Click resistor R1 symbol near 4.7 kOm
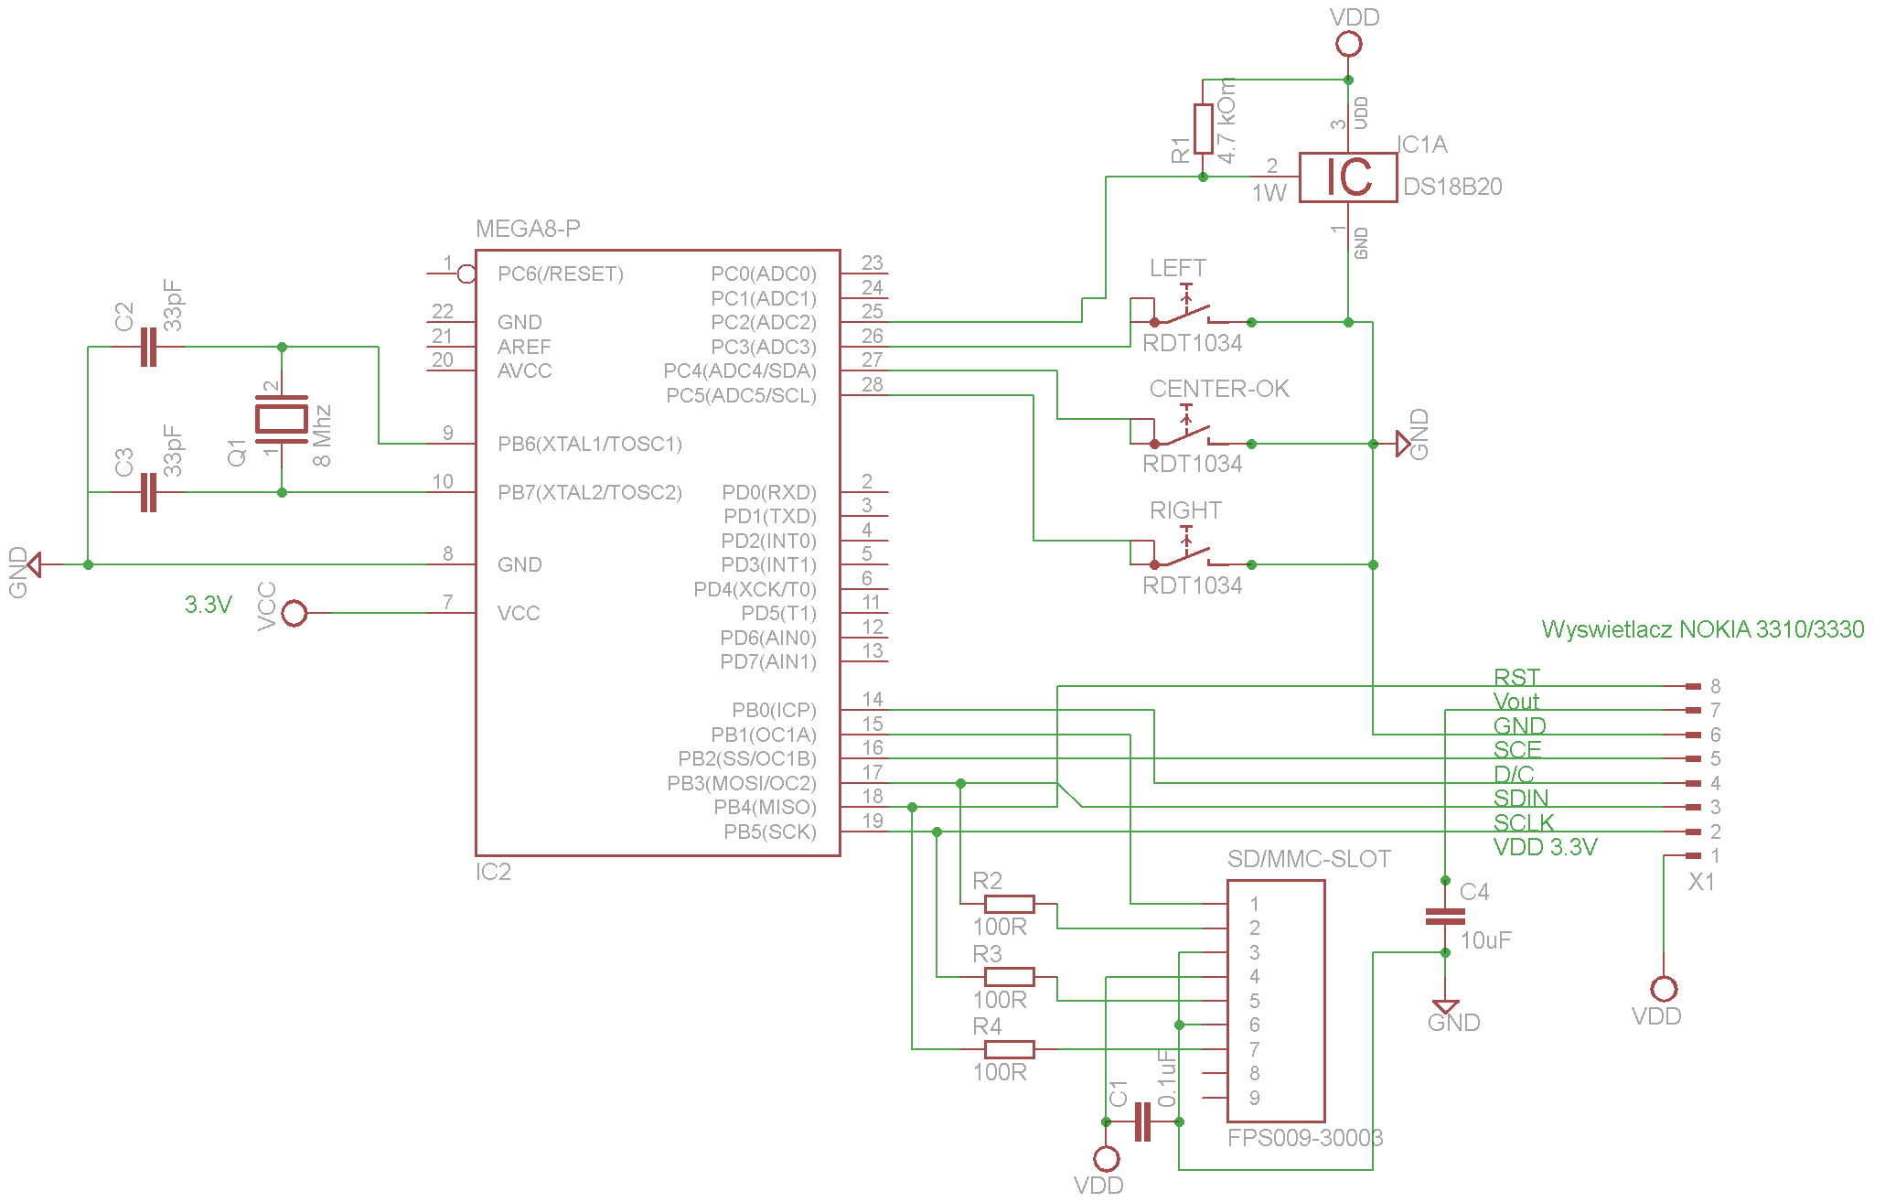click(1203, 128)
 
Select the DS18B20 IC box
click(1348, 177)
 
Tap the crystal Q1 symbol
click(281, 419)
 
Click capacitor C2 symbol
click(148, 347)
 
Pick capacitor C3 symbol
click(148, 492)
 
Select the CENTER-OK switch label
click(1218, 389)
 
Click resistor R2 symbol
click(1009, 904)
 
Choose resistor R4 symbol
click(1009, 1049)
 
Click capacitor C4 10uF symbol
click(1445, 917)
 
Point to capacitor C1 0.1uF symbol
click(1142, 1122)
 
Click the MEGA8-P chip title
click(528, 229)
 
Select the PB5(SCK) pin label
click(769, 832)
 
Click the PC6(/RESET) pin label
click(560, 274)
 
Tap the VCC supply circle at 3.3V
click(295, 613)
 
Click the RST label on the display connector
click(1516, 677)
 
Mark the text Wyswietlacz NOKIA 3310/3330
click(1702, 629)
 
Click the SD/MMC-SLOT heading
click(1308, 859)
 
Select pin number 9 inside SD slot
click(1254, 1098)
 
